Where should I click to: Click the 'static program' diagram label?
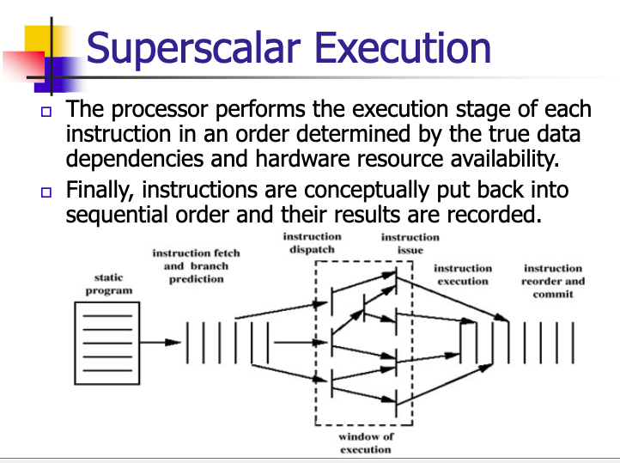coord(108,284)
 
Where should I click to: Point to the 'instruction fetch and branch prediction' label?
coord(196,265)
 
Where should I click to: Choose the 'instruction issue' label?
coord(410,243)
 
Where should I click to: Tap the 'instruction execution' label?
coord(463,275)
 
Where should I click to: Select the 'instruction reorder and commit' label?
coord(553,281)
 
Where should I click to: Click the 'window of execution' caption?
coord(365,442)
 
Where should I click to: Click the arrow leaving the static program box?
coord(160,342)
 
